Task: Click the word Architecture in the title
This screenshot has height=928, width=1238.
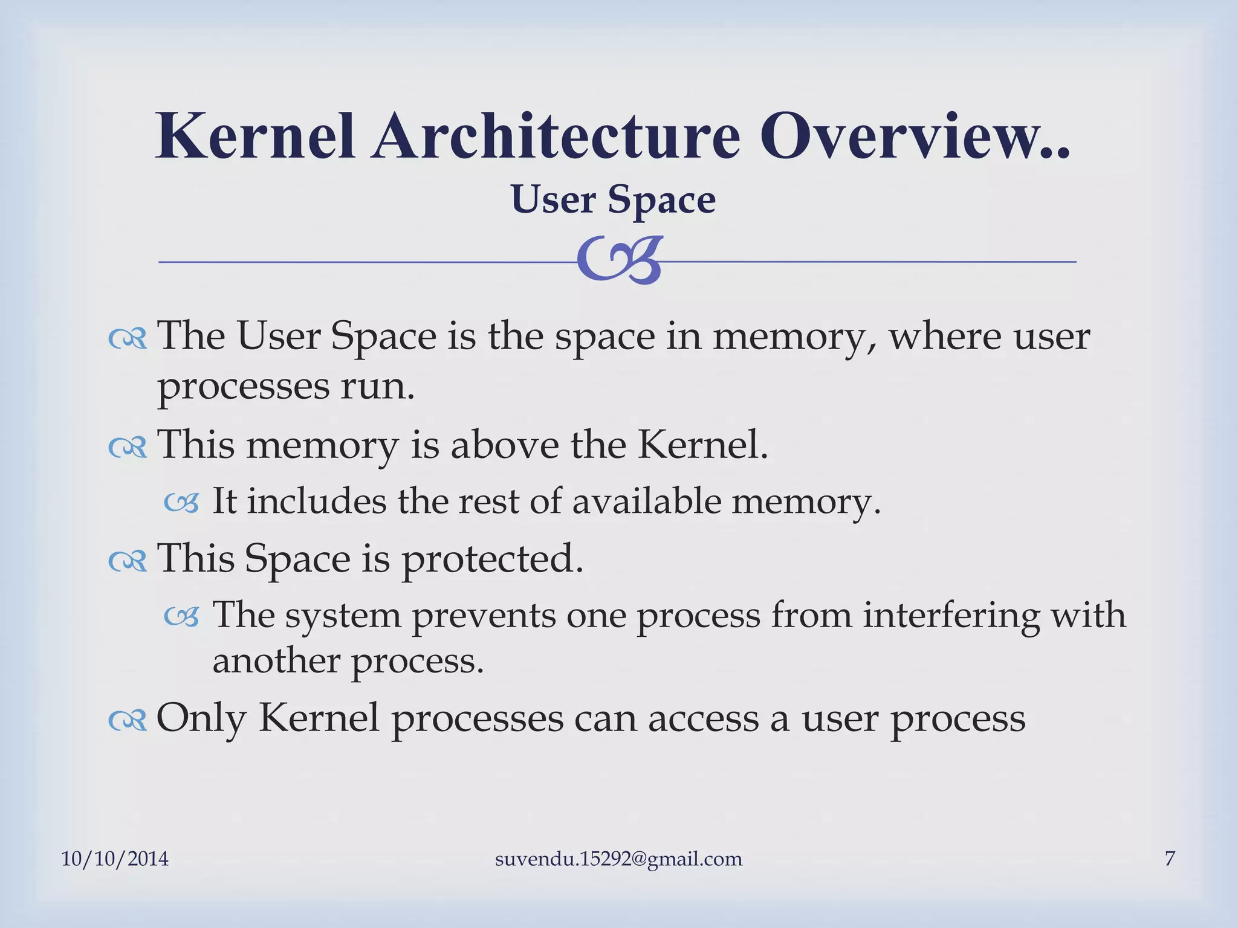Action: pos(555,137)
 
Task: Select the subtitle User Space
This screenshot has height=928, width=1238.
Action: pos(613,199)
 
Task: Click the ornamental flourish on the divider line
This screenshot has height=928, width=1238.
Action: pos(620,260)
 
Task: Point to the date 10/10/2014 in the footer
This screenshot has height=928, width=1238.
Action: pos(115,859)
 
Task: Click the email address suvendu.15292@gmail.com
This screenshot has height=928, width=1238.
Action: pos(618,859)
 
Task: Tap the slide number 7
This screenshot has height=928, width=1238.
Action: pos(1170,859)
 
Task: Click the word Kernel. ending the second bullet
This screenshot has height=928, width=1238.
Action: pos(702,445)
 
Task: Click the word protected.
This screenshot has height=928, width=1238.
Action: pos(493,559)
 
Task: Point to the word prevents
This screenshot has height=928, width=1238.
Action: pos(484,616)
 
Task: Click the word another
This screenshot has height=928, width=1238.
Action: pos(277,661)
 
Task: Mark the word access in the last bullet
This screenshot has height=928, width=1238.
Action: pos(703,719)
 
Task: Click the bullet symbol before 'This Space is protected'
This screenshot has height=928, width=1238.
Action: pos(128,561)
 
